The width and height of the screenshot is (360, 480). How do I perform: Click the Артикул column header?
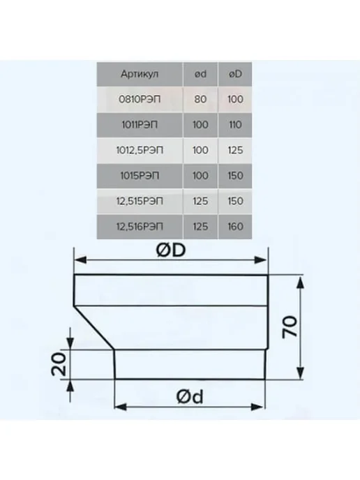click(x=140, y=74)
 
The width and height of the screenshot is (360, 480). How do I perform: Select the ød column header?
click(x=200, y=74)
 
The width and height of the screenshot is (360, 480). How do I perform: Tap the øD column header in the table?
click(x=235, y=74)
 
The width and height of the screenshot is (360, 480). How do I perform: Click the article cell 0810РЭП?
click(x=140, y=100)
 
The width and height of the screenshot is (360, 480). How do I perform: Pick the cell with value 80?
click(x=200, y=100)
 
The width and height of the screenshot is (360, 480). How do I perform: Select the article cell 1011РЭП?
click(x=140, y=125)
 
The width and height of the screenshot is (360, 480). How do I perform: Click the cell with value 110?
click(x=235, y=125)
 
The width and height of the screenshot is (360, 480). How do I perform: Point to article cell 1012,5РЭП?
click(x=140, y=150)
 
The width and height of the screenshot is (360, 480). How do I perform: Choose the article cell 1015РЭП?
click(x=140, y=176)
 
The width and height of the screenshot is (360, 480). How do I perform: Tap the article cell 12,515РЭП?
click(x=140, y=201)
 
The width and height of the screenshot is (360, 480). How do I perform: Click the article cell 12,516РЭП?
click(x=140, y=227)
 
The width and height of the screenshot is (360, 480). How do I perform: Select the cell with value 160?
click(x=235, y=227)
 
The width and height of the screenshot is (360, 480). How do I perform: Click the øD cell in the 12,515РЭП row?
click(x=235, y=201)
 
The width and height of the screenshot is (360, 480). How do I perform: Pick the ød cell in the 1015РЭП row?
click(x=200, y=176)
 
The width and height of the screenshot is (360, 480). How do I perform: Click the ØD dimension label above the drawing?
click(x=171, y=250)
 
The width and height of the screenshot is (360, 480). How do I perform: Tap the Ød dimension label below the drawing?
click(x=190, y=397)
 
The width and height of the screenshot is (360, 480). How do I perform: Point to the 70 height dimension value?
click(x=290, y=327)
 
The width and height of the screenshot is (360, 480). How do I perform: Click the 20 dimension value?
click(x=59, y=364)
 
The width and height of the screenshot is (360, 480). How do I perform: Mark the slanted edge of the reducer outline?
click(x=94, y=327)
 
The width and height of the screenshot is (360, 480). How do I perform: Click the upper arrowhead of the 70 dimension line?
click(x=301, y=282)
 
